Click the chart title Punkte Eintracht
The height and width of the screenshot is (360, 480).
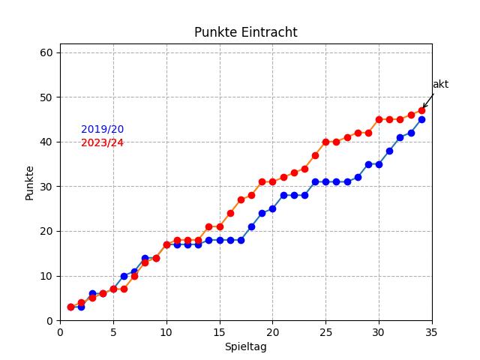click(x=245, y=32)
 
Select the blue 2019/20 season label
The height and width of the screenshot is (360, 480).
click(x=102, y=130)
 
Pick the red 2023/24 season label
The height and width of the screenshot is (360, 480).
click(x=102, y=142)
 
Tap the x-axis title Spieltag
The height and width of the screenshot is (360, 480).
click(x=245, y=347)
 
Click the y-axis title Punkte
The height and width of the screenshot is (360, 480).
click(x=30, y=182)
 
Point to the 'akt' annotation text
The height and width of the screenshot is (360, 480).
click(x=440, y=85)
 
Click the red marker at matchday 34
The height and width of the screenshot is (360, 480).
click(x=421, y=110)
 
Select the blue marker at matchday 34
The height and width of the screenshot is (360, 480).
click(x=421, y=119)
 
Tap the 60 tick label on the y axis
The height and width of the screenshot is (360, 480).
click(x=46, y=52)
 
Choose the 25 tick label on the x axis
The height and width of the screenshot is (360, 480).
click(x=325, y=332)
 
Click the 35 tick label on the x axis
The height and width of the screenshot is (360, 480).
click(x=431, y=332)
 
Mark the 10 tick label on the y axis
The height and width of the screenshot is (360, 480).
click(x=46, y=276)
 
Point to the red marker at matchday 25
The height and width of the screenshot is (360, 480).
click(x=325, y=142)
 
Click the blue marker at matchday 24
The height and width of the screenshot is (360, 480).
click(x=315, y=181)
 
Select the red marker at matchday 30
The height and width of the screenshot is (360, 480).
click(x=379, y=119)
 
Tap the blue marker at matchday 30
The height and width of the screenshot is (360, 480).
click(x=379, y=164)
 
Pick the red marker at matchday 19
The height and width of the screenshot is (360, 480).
click(x=262, y=181)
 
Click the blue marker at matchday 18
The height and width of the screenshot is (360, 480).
click(x=251, y=226)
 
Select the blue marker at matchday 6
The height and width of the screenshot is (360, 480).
click(x=124, y=276)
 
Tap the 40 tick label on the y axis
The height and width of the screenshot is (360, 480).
click(x=46, y=142)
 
